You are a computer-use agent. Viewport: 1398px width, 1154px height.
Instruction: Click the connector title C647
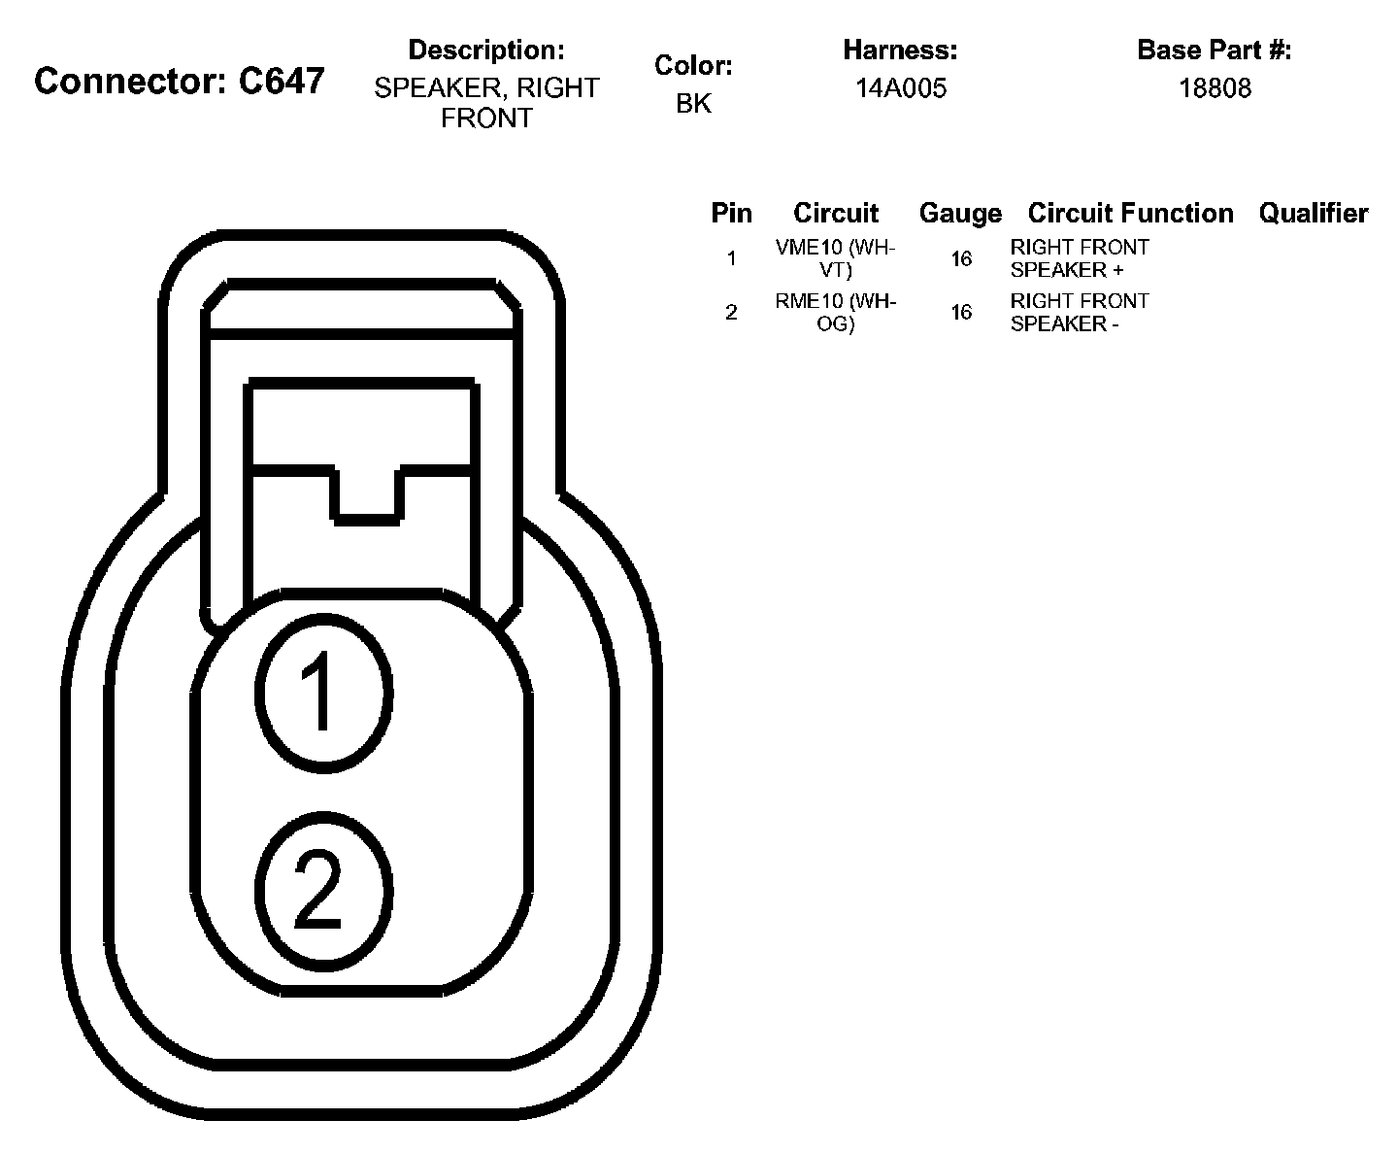click(180, 82)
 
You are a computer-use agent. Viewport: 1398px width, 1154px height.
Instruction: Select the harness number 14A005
click(900, 88)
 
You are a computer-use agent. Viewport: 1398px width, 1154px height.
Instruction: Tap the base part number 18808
click(1215, 88)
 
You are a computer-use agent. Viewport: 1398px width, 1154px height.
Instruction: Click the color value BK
click(693, 104)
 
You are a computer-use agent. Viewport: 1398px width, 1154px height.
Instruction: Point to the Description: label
click(485, 50)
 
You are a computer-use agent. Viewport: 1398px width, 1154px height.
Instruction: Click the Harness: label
click(900, 50)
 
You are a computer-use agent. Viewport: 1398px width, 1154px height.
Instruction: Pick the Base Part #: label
click(1214, 50)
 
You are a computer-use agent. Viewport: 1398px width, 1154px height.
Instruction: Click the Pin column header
click(731, 214)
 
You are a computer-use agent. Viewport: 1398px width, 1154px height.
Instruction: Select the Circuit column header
click(835, 214)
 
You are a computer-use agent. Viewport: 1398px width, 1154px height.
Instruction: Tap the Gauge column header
click(959, 214)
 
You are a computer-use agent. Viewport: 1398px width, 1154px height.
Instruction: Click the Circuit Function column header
click(1130, 214)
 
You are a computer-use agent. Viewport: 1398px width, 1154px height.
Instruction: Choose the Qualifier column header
click(1313, 214)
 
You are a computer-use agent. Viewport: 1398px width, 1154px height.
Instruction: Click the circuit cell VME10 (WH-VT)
click(835, 258)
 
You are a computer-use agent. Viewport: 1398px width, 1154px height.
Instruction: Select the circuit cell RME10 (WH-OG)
click(835, 313)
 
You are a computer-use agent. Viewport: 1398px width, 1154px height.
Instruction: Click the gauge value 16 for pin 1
click(960, 258)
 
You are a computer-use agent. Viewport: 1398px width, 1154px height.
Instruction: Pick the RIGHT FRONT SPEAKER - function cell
click(1079, 313)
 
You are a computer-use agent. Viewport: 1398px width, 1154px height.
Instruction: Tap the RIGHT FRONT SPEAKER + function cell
click(1079, 258)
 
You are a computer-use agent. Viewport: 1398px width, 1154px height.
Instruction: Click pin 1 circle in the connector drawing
click(323, 692)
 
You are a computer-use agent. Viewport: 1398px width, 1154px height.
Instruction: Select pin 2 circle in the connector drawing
click(323, 890)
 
